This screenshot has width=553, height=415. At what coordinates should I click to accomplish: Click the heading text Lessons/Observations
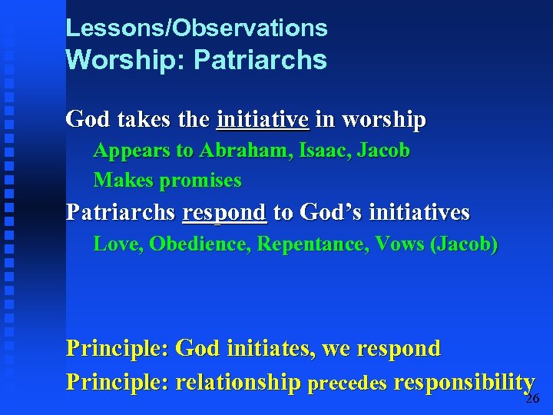tap(197, 28)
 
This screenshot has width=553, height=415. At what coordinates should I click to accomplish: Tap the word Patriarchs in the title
tap(260, 60)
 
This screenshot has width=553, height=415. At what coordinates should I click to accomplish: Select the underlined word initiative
tap(263, 120)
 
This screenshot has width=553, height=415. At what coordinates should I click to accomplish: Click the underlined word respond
tap(224, 211)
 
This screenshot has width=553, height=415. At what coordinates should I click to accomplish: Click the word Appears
tap(132, 151)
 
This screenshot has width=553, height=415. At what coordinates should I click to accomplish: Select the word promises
tap(200, 181)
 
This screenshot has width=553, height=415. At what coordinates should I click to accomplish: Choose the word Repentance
tap(312, 244)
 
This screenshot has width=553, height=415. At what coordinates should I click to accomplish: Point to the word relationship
tap(238, 382)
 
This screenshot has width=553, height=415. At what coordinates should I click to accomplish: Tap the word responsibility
tap(463, 382)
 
